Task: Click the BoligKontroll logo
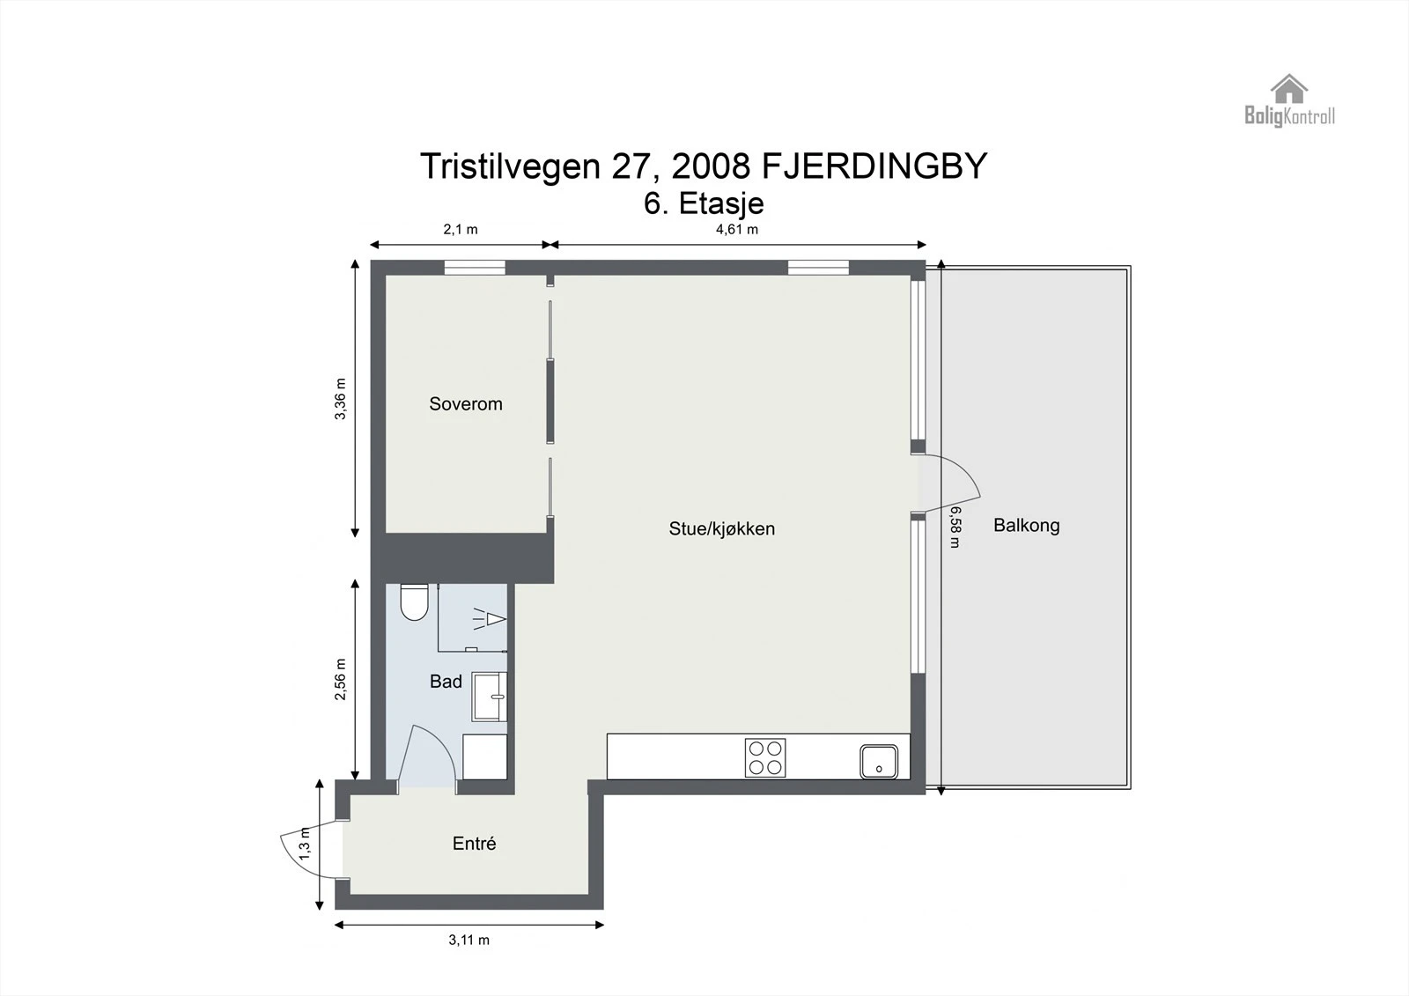coord(1289,101)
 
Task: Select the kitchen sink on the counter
coord(879,762)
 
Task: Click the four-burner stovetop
coord(765,757)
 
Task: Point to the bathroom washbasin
coord(489,697)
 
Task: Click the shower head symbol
coord(491,619)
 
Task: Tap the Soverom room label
coord(466,404)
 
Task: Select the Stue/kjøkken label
coord(721,529)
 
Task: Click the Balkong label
coord(1026,526)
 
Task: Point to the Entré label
coord(474,844)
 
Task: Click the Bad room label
coord(446,682)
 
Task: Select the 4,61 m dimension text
coord(736,230)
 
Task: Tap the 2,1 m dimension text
coord(460,230)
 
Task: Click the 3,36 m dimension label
coord(341,399)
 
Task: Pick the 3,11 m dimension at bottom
coord(468,941)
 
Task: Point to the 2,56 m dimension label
coord(341,680)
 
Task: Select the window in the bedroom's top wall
coord(474,268)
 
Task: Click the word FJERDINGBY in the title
coord(874,166)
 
